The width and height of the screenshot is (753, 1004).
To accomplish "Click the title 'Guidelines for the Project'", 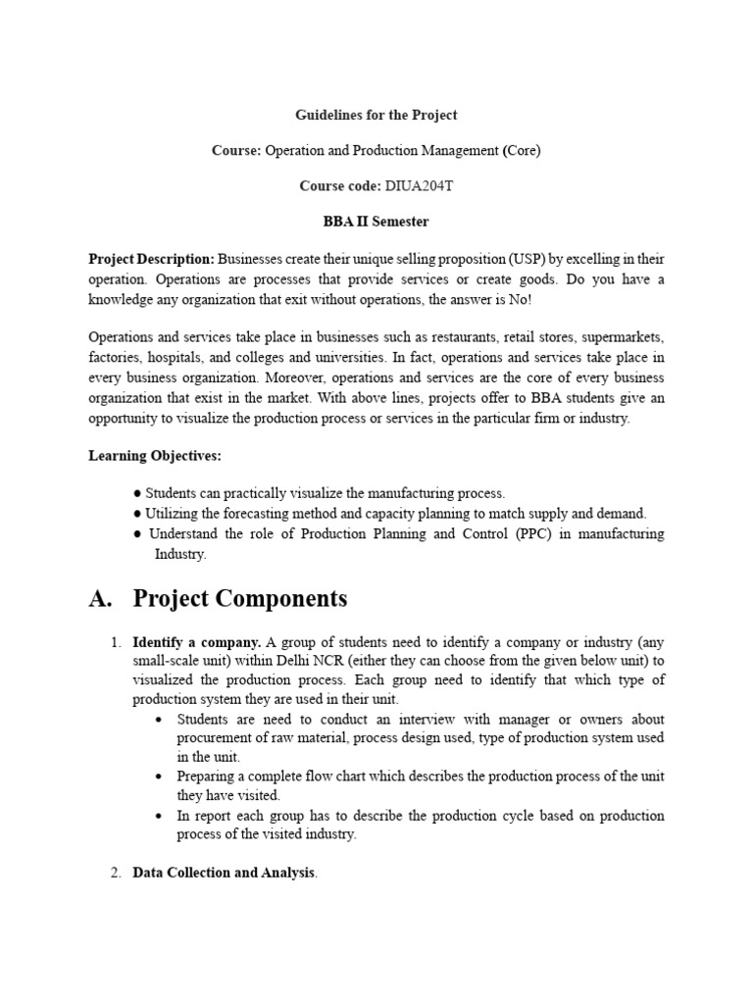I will point(376,115).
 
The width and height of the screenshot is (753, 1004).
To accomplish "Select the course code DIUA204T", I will point(413,185).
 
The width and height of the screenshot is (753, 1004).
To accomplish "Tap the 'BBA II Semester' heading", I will point(376,222).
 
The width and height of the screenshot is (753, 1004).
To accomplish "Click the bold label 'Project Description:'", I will point(151,259).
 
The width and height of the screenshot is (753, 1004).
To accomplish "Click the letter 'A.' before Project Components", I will point(102,598).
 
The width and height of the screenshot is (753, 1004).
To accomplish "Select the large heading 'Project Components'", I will point(239,598).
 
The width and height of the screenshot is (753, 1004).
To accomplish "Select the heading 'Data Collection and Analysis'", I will point(224,872).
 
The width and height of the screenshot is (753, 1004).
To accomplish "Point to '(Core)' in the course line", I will point(521,150).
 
